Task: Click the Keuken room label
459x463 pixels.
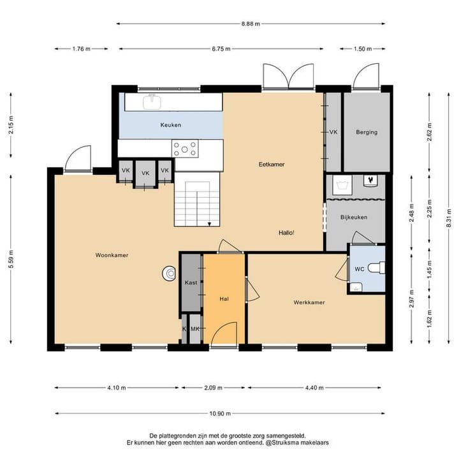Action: click(171, 125)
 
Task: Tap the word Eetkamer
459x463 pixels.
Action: click(272, 164)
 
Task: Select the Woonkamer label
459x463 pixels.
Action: click(112, 255)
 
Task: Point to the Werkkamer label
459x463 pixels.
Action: click(309, 302)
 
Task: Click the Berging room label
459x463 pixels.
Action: click(367, 132)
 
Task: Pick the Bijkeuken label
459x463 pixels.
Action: click(354, 217)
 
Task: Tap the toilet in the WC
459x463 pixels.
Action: click(378, 268)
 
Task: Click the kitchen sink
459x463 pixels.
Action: click(152, 102)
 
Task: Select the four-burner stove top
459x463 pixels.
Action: click(185, 149)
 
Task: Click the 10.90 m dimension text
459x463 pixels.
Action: click(220, 413)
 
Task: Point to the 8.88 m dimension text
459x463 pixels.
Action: click(251, 24)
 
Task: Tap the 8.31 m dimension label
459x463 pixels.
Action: click(449, 218)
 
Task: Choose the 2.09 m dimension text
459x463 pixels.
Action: click(213, 388)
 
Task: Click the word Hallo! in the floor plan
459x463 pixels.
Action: click(286, 233)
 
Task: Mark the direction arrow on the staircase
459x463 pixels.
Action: click(209, 224)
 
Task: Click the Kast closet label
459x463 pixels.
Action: click(191, 283)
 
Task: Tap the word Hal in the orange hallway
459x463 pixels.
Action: click(224, 299)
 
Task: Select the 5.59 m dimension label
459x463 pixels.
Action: click(11, 260)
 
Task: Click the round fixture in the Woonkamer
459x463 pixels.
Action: click(169, 274)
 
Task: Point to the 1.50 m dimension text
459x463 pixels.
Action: click(363, 48)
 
